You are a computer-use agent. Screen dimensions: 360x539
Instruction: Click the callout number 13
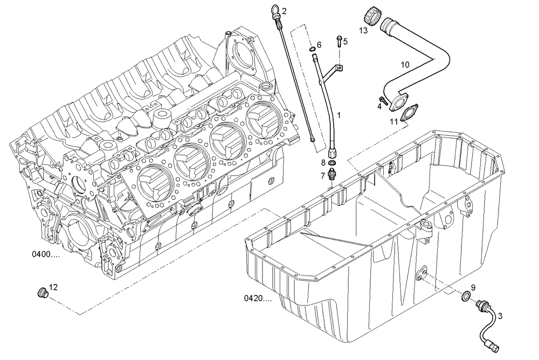coord(363,31)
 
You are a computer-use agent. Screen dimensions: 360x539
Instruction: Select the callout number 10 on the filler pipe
coord(405,65)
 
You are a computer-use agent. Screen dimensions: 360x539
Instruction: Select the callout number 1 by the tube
coord(339,115)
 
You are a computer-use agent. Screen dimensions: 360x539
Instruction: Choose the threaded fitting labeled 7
coord(333,176)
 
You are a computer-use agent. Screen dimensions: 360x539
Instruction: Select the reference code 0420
coord(258,297)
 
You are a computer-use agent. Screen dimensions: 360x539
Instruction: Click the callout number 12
coord(53,287)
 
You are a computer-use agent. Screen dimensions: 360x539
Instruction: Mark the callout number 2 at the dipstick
coord(284,10)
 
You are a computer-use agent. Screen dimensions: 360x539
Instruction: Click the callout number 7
coord(322,176)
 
